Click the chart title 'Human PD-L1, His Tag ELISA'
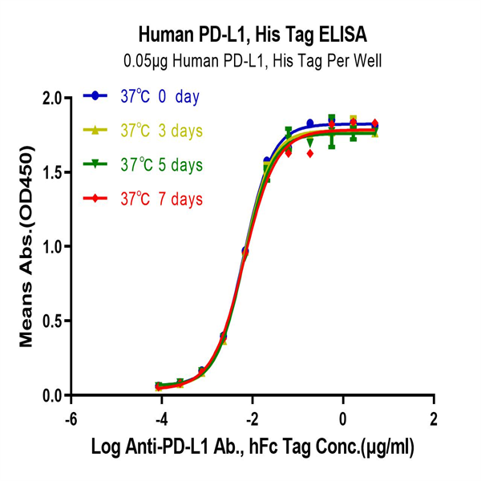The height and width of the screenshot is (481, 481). point(253,34)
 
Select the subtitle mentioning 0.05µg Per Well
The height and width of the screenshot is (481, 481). point(253,59)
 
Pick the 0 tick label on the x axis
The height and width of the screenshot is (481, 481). point(343,419)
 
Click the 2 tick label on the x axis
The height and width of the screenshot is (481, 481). point(434,419)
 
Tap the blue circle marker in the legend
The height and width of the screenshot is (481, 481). point(96,96)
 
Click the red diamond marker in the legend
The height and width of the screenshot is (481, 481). point(96,198)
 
